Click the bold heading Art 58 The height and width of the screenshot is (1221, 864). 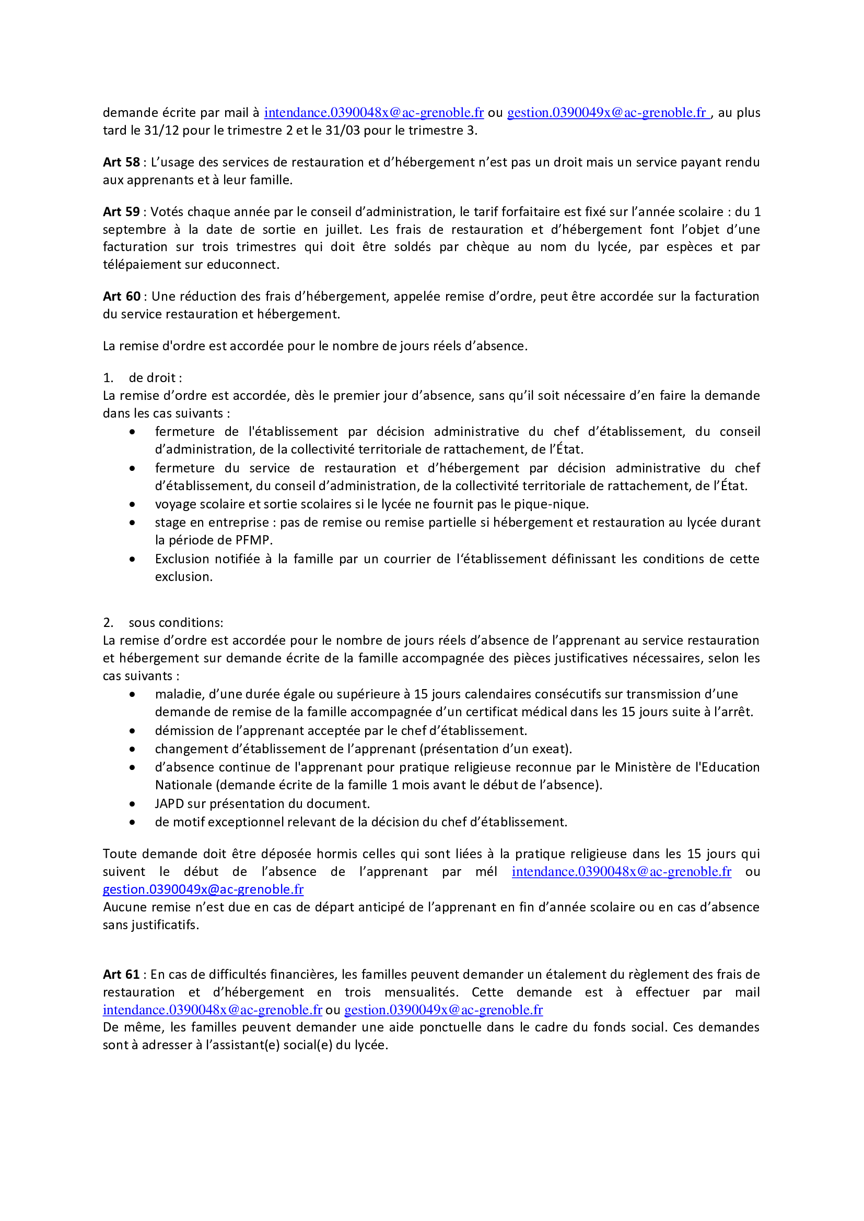(121, 162)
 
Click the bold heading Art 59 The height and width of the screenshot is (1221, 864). (121, 211)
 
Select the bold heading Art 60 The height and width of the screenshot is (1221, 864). (122, 296)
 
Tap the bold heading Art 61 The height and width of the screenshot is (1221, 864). (121, 974)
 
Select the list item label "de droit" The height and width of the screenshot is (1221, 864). (155, 377)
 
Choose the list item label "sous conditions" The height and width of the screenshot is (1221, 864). (176, 622)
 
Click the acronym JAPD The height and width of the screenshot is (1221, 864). (169, 803)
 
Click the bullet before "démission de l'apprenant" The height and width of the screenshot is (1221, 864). (132, 731)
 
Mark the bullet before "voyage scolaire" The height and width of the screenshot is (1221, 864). (132, 504)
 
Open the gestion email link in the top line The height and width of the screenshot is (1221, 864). (608, 113)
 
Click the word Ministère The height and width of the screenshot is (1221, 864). (643, 767)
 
